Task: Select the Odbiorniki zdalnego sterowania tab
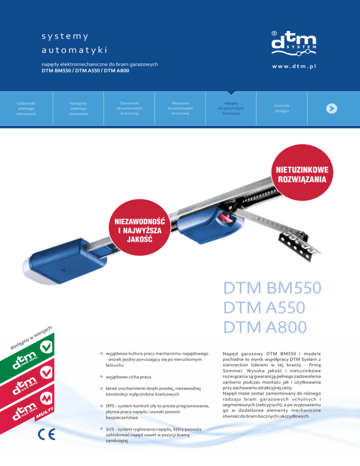pyautogui.click(x=26, y=107)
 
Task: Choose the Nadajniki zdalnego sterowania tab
pyautogui.click(x=78, y=108)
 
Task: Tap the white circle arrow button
pyautogui.click(x=332, y=108)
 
